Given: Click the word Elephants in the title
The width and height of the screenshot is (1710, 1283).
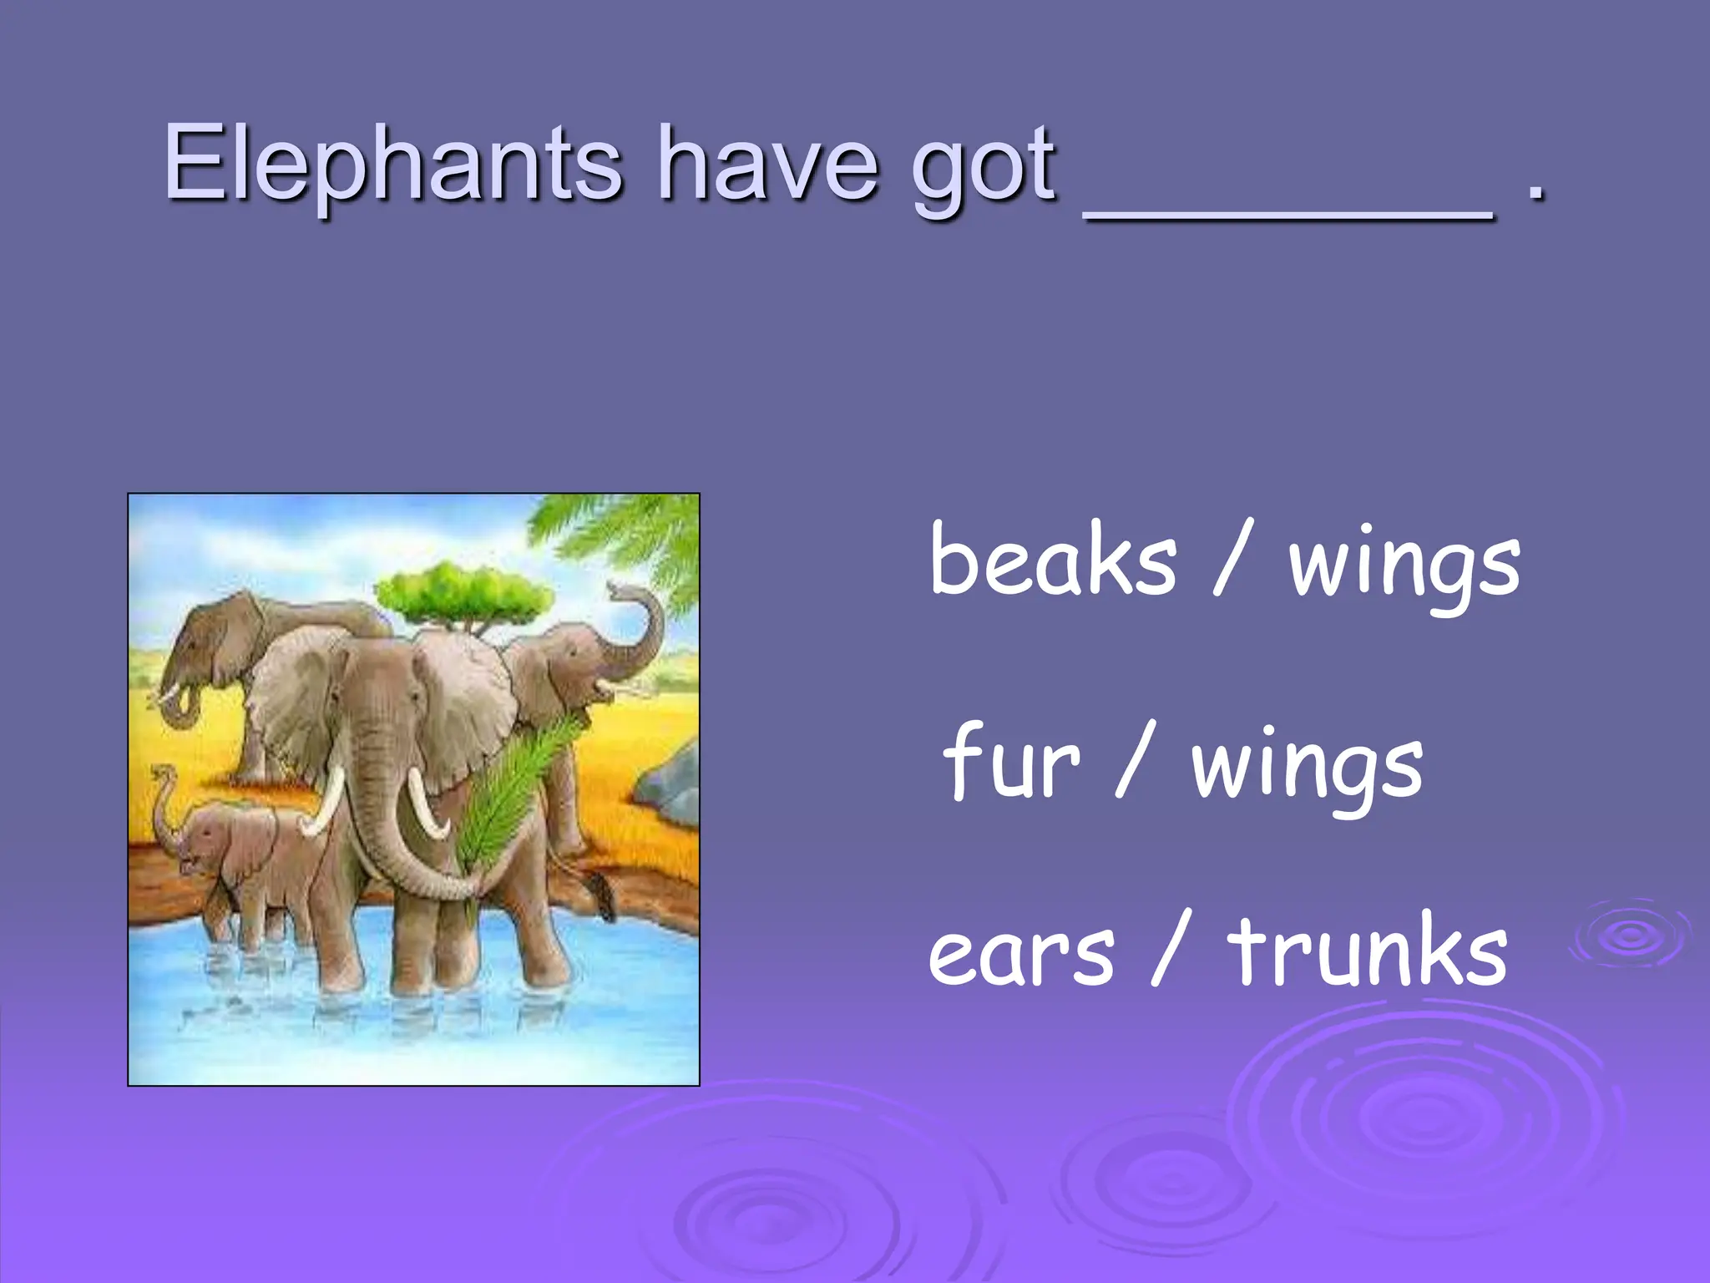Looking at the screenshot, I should tap(392, 163).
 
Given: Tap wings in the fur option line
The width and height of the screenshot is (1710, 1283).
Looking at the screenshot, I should tap(1307, 768).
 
